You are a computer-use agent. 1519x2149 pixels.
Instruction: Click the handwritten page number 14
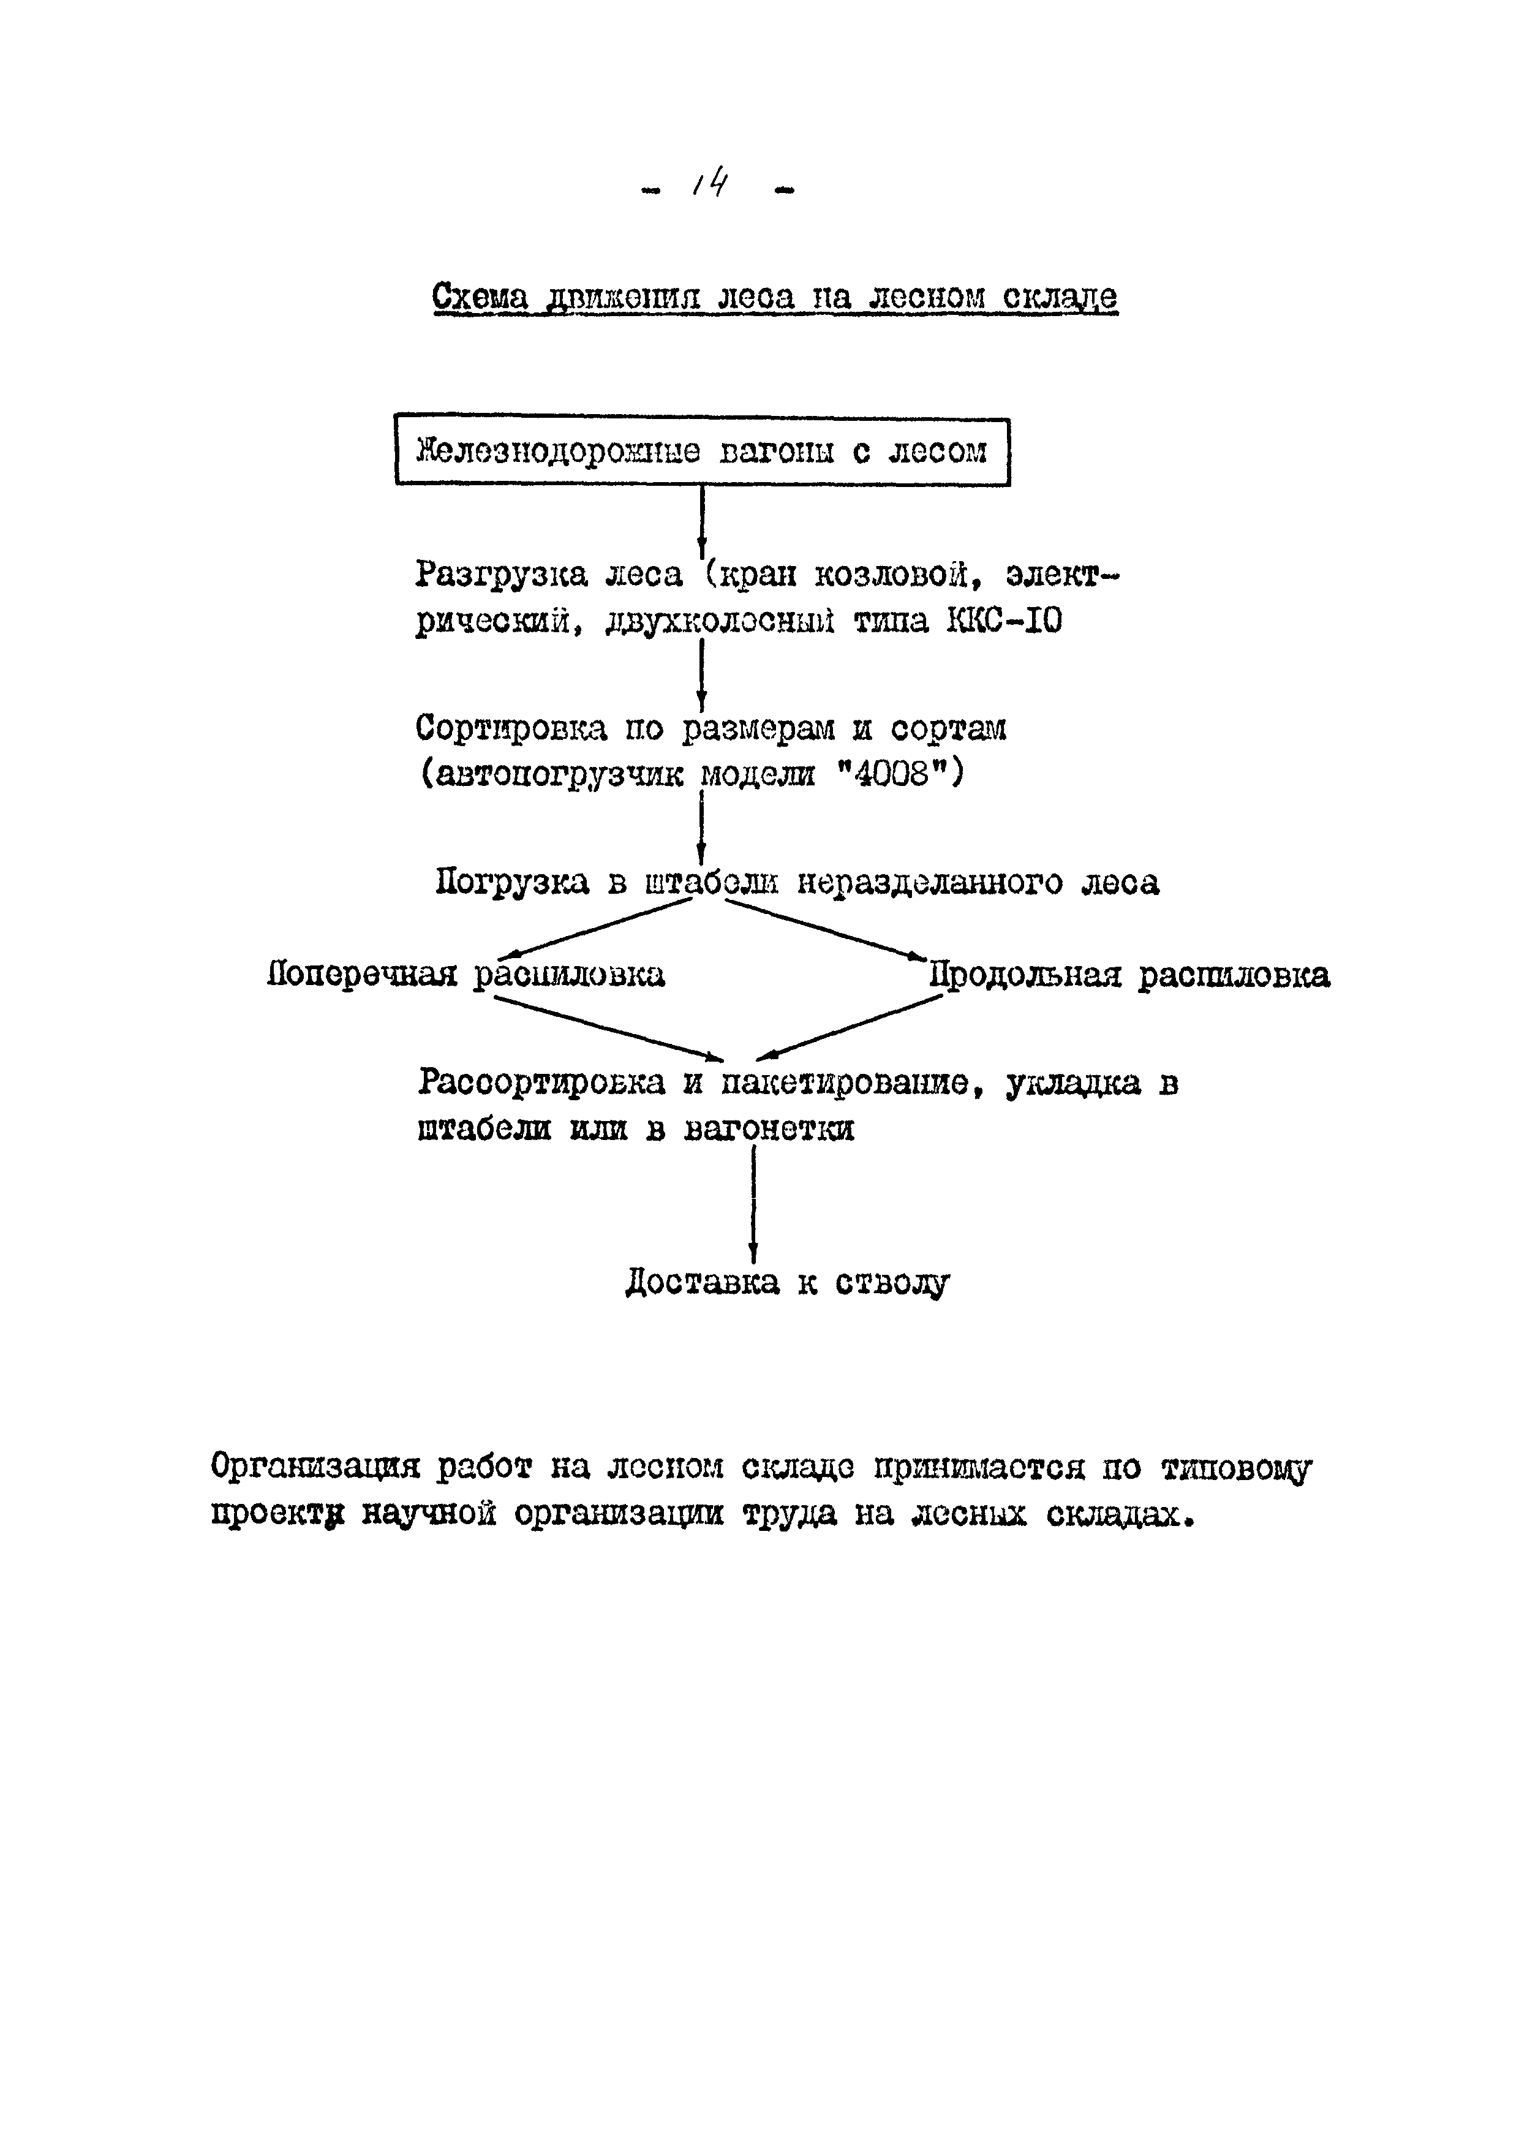(x=711, y=184)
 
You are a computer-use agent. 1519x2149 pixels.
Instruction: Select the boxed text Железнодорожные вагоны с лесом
(x=702, y=452)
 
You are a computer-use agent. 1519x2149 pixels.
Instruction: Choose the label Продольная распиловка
(x=1129, y=975)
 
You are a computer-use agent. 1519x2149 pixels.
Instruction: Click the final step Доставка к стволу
(x=787, y=1282)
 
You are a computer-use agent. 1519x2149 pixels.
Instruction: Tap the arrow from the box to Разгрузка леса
(x=702, y=520)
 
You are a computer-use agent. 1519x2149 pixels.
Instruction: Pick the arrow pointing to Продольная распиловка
(x=824, y=929)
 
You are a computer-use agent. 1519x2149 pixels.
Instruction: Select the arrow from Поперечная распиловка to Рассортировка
(x=608, y=1029)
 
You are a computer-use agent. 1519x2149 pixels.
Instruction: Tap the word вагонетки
(x=769, y=1130)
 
